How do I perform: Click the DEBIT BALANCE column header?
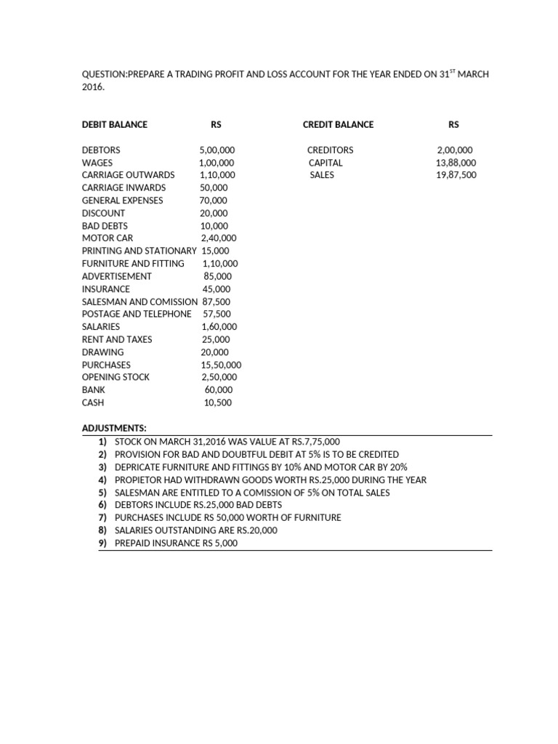tap(114, 124)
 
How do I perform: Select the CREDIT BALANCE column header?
tap(338, 124)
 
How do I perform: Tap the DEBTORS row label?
tap(101, 150)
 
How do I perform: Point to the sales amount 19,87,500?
tap(456, 175)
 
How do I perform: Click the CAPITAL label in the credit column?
tap(325, 163)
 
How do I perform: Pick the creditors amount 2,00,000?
tap(455, 150)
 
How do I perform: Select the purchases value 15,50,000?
tap(221, 365)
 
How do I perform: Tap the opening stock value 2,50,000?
tap(219, 377)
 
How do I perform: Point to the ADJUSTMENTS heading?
tap(114, 429)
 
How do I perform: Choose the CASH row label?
tap(93, 403)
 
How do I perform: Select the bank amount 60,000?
tap(219, 390)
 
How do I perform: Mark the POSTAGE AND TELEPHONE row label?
tap(137, 314)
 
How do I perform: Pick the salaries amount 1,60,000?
tap(219, 327)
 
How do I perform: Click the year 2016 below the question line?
tap(93, 87)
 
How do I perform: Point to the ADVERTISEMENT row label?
tap(117, 276)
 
